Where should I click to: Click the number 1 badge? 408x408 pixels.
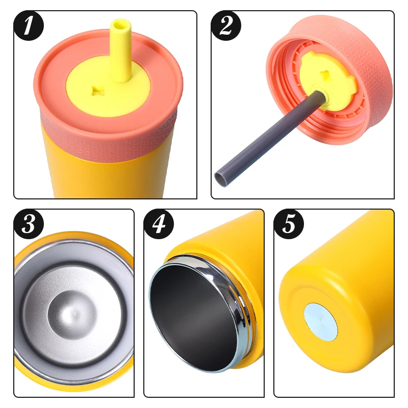(x=29, y=26)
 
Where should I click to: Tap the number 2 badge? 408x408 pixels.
(x=226, y=26)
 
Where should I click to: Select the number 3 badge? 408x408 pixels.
(x=29, y=224)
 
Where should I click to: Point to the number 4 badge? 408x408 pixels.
(x=159, y=224)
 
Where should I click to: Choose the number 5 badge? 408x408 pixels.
(x=289, y=224)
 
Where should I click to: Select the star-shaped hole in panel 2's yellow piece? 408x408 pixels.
(x=325, y=75)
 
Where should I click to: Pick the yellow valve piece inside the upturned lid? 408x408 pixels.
(x=326, y=78)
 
